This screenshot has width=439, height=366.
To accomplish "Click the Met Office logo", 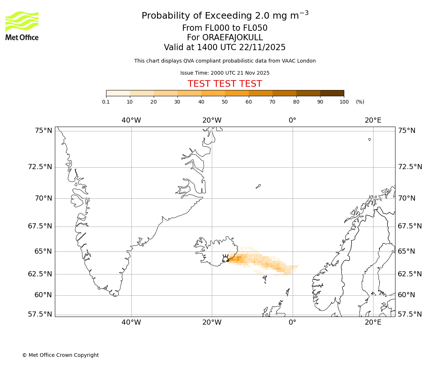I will click(22, 26).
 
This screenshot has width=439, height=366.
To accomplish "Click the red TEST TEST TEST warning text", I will click(225, 84).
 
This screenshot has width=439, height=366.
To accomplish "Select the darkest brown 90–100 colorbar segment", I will click(332, 93).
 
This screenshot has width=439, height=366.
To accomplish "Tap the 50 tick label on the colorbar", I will click(225, 102).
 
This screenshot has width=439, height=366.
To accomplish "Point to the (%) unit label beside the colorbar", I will click(360, 102).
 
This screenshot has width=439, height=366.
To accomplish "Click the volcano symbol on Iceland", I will click(225, 258).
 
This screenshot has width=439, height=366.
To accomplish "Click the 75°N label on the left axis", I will click(43, 131).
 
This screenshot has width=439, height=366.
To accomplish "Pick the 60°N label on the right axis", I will click(406, 295).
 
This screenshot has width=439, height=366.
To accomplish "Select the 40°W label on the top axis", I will click(131, 120).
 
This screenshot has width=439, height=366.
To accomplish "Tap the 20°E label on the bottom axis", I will click(373, 322).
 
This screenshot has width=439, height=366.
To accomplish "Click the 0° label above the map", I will click(292, 120).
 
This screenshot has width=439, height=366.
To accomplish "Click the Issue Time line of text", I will click(225, 73).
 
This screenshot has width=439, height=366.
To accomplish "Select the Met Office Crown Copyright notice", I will click(60, 355).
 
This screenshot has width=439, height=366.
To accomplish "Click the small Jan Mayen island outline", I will click(258, 186).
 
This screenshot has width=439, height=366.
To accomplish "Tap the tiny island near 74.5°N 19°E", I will click(369, 139).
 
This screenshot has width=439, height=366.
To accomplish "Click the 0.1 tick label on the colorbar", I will click(106, 102).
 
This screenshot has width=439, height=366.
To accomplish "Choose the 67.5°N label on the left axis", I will click(40, 226).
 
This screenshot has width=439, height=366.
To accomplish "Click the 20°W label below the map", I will click(212, 322).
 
